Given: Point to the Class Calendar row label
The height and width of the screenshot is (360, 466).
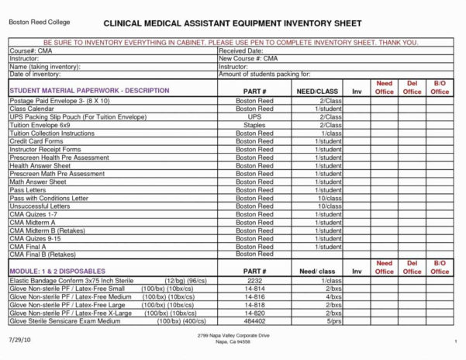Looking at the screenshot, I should pyautogui.click(x=31, y=109).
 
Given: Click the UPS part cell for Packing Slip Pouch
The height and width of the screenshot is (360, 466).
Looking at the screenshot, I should pyautogui.click(x=254, y=117).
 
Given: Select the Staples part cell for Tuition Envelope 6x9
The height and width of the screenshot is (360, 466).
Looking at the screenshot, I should pyautogui.click(x=254, y=125).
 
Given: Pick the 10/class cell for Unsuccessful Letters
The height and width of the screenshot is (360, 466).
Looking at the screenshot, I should pyautogui.click(x=329, y=206).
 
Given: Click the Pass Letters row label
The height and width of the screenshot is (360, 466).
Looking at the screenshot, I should pyautogui.click(x=28, y=190).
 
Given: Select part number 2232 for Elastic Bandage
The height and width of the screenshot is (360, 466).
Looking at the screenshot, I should pyautogui.click(x=254, y=280).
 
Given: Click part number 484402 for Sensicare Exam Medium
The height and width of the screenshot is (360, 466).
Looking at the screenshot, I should pyautogui.click(x=254, y=320).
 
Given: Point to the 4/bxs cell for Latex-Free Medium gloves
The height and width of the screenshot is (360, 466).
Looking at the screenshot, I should pyautogui.click(x=333, y=296).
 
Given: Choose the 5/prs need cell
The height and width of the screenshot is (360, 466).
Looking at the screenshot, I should pyautogui.click(x=333, y=320).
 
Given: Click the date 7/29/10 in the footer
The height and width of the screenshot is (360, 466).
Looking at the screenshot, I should pyautogui.click(x=20, y=340).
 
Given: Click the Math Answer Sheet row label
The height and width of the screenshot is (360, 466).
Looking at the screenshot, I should pyautogui.click(x=38, y=182).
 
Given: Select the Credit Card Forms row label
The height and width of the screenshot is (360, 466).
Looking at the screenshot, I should pyautogui.click(x=36, y=141).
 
